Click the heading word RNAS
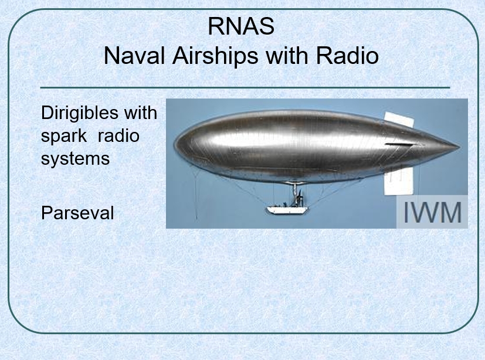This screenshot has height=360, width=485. click(241, 26)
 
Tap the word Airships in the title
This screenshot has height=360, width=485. click(215, 56)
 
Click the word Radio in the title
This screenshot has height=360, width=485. click(347, 56)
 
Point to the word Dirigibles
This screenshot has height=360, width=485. click(80, 114)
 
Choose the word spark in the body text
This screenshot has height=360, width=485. click(64, 137)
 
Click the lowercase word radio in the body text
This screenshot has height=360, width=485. click(118, 135)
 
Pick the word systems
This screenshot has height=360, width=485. click(75, 159)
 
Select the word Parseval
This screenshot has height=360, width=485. click(77, 213)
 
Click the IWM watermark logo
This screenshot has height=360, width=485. click(432, 212)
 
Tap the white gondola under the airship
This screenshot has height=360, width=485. click(287, 210)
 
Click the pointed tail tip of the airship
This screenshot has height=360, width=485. click(459, 147)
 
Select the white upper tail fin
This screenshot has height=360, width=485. click(399, 120)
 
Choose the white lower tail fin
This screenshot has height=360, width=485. click(399, 181)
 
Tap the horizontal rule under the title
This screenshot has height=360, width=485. click(245, 88)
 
